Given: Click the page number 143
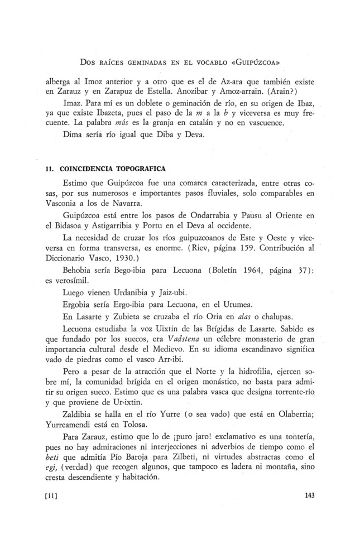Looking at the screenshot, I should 312,494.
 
